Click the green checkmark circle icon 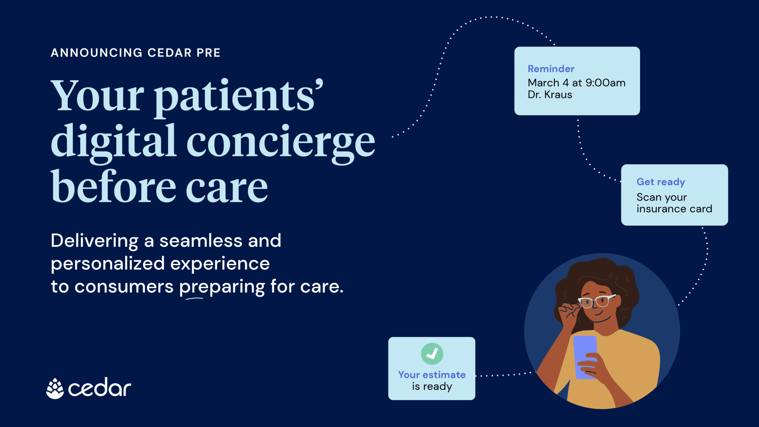pos(432,354)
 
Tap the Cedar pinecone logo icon pos(55,388)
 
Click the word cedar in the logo pos(100,388)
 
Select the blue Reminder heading pos(551,69)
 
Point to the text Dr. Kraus pos(550,95)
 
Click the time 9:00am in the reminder pos(605,83)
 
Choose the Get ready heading pos(660,182)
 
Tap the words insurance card pos(674,209)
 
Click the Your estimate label pos(432,375)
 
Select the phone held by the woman pos(585,357)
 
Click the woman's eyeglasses pos(597,301)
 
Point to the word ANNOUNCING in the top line pos(96,53)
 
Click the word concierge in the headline pos(281,142)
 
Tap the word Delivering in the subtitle pos(95,241)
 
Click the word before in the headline pos(113,187)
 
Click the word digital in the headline pos(113,142)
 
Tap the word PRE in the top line pos(208,53)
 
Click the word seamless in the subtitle pos(201,241)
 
